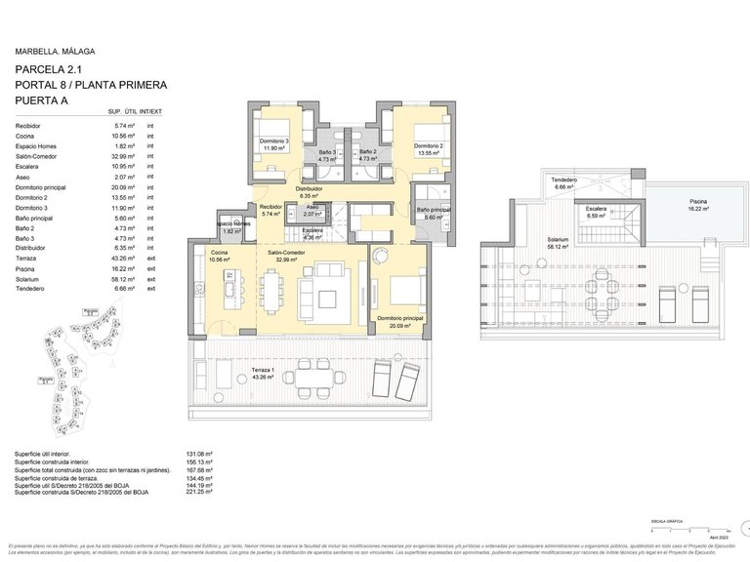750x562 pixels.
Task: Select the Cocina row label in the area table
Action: click(x=26, y=137)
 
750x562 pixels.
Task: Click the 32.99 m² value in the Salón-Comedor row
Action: click(x=123, y=156)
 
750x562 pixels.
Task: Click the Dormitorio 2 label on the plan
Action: click(x=428, y=145)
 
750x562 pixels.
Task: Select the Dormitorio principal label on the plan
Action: click(x=399, y=318)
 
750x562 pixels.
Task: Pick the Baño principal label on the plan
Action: click(x=434, y=210)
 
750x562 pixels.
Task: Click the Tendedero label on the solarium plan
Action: click(x=564, y=181)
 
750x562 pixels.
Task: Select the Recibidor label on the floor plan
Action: click(x=271, y=208)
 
